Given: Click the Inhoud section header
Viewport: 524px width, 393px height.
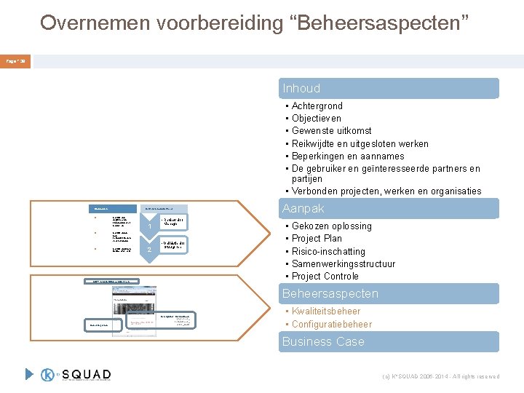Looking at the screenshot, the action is pos(301,88).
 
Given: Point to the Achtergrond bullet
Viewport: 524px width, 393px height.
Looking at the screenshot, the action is pos(317,106).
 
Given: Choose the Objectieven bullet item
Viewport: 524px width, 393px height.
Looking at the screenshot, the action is pos(316,118).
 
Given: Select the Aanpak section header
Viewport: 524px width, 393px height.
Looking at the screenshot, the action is pos(303,209).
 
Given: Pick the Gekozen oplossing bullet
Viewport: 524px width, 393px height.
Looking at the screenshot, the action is pos(331,226).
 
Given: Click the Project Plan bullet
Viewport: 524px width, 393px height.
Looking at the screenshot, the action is pos(317,238).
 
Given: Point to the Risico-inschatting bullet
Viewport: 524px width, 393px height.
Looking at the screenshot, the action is pos(328,251).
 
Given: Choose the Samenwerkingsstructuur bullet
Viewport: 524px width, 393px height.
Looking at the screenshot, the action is pos(343,263).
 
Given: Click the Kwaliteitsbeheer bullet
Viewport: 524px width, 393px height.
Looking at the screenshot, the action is pos(326,311).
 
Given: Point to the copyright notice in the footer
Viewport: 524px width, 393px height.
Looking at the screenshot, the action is pos(440,376).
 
